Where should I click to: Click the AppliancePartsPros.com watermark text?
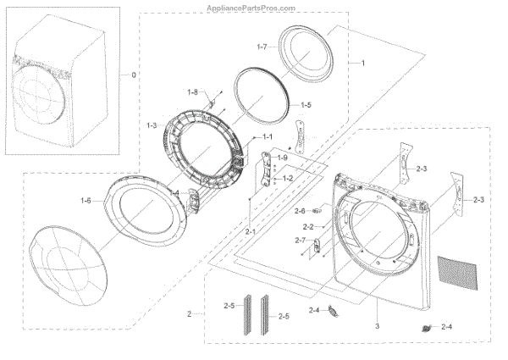click(254, 7)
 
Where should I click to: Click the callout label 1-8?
click(193, 91)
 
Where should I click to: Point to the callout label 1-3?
click(152, 125)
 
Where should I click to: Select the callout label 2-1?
click(251, 231)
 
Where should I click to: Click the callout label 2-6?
click(299, 211)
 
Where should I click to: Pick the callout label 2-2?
click(307, 227)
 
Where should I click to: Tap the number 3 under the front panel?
click(377, 326)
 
